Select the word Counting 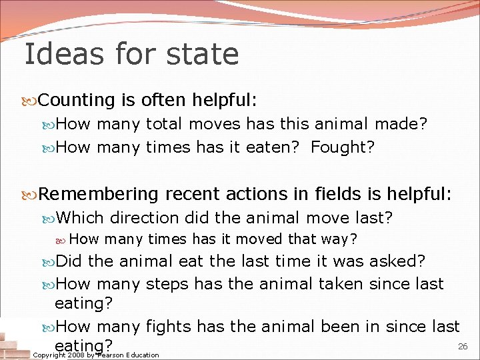tap(77, 100)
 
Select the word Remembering tap(99, 193)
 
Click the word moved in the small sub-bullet tap(260, 239)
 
